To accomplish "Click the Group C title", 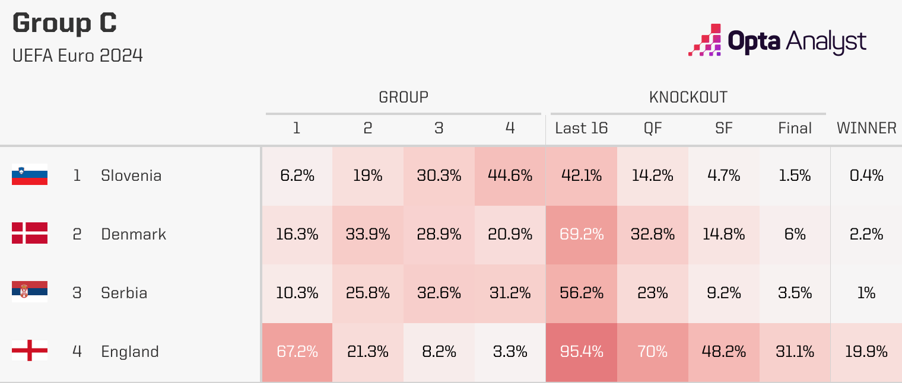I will (x=64, y=24).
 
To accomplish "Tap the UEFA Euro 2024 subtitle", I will (x=77, y=56).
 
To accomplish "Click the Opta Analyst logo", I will (x=777, y=40).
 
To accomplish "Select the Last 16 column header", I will (x=581, y=128).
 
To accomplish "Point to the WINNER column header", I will (x=866, y=128).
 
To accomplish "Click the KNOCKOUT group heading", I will (x=688, y=97).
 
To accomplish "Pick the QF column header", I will (x=652, y=128).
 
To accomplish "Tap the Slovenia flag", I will (x=29, y=175).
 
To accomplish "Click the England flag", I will (x=29, y=352).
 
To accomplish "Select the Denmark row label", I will (x=134, y=234).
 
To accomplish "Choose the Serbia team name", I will (x=124, y=293).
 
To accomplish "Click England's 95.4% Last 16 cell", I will (x=581, y=352).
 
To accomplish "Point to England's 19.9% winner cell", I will (x=866, y=352).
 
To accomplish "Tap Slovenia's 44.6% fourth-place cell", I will (x=510, y=175).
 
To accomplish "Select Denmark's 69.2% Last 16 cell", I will (x=581, y=234).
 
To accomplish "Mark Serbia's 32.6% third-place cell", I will (x=439, y=293).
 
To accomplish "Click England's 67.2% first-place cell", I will (x=297, y=352).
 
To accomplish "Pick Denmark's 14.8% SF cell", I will (x=723, y=234).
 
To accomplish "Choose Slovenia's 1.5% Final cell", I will (x=795, y=175).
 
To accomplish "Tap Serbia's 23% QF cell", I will (x=652, y=293).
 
